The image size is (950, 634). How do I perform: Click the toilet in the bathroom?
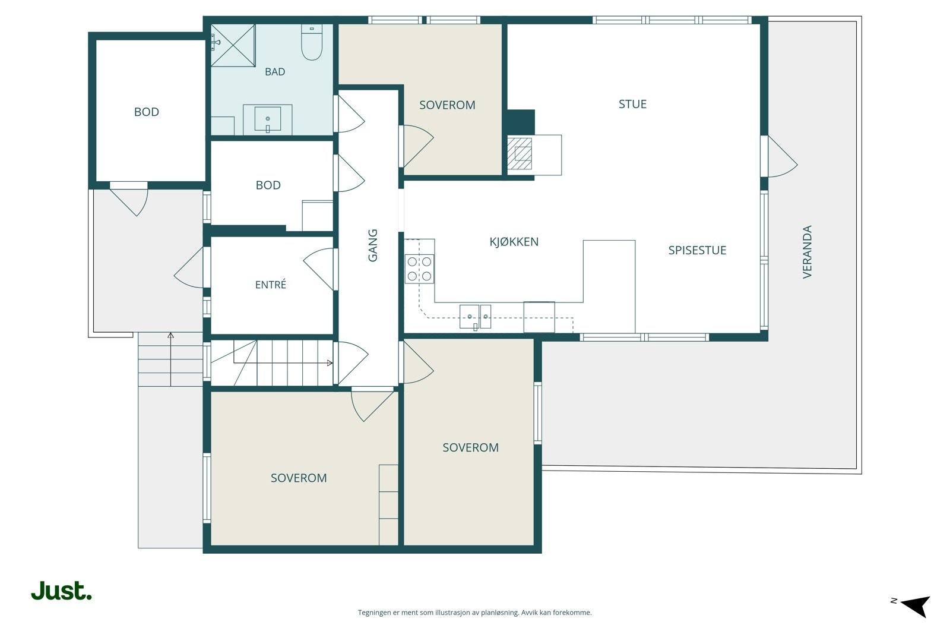[x=312, y=42]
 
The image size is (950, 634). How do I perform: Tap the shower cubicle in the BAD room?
[x=233, y=45]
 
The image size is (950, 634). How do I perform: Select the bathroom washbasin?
[x=268, y=119]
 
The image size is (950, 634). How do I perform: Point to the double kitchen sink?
[x=475, y=317]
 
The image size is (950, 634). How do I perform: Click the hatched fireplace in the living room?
[x=520, y=154]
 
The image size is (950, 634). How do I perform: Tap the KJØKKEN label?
[x=514, y=242]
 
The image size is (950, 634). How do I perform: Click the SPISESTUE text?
[x=697, y=250]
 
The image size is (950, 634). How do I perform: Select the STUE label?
[x=632, y=105]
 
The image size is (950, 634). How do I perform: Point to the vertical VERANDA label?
[x=807, y=252]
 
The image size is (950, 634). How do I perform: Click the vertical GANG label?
[x=372, y=246]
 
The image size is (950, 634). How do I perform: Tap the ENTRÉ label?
[x=271, y=285]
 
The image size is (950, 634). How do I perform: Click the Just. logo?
[x=61, y=591]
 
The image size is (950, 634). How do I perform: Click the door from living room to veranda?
[x=778, y=156]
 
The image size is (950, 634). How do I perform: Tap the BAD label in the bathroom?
[x=275, y=72]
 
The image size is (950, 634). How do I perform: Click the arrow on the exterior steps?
[x=170, y=359]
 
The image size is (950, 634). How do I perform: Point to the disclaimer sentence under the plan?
[x=474, y=613]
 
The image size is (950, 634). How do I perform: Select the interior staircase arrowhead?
[x=330, y=363]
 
